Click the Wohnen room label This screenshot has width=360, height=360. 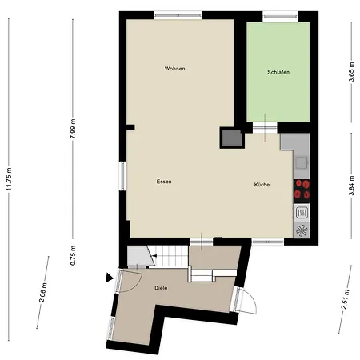click(175, 69)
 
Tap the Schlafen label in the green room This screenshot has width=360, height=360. click(278, 73)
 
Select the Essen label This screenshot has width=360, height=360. click(164, 182)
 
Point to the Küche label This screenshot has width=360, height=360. click(262, 185)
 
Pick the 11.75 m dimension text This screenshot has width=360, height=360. click(10, 179)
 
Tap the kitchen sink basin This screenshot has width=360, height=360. click(302, 162)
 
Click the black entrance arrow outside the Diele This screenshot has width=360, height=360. click(109, 278)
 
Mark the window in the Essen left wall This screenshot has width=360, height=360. click(123, 175)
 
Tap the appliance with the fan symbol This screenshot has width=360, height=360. click(302, 230)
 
